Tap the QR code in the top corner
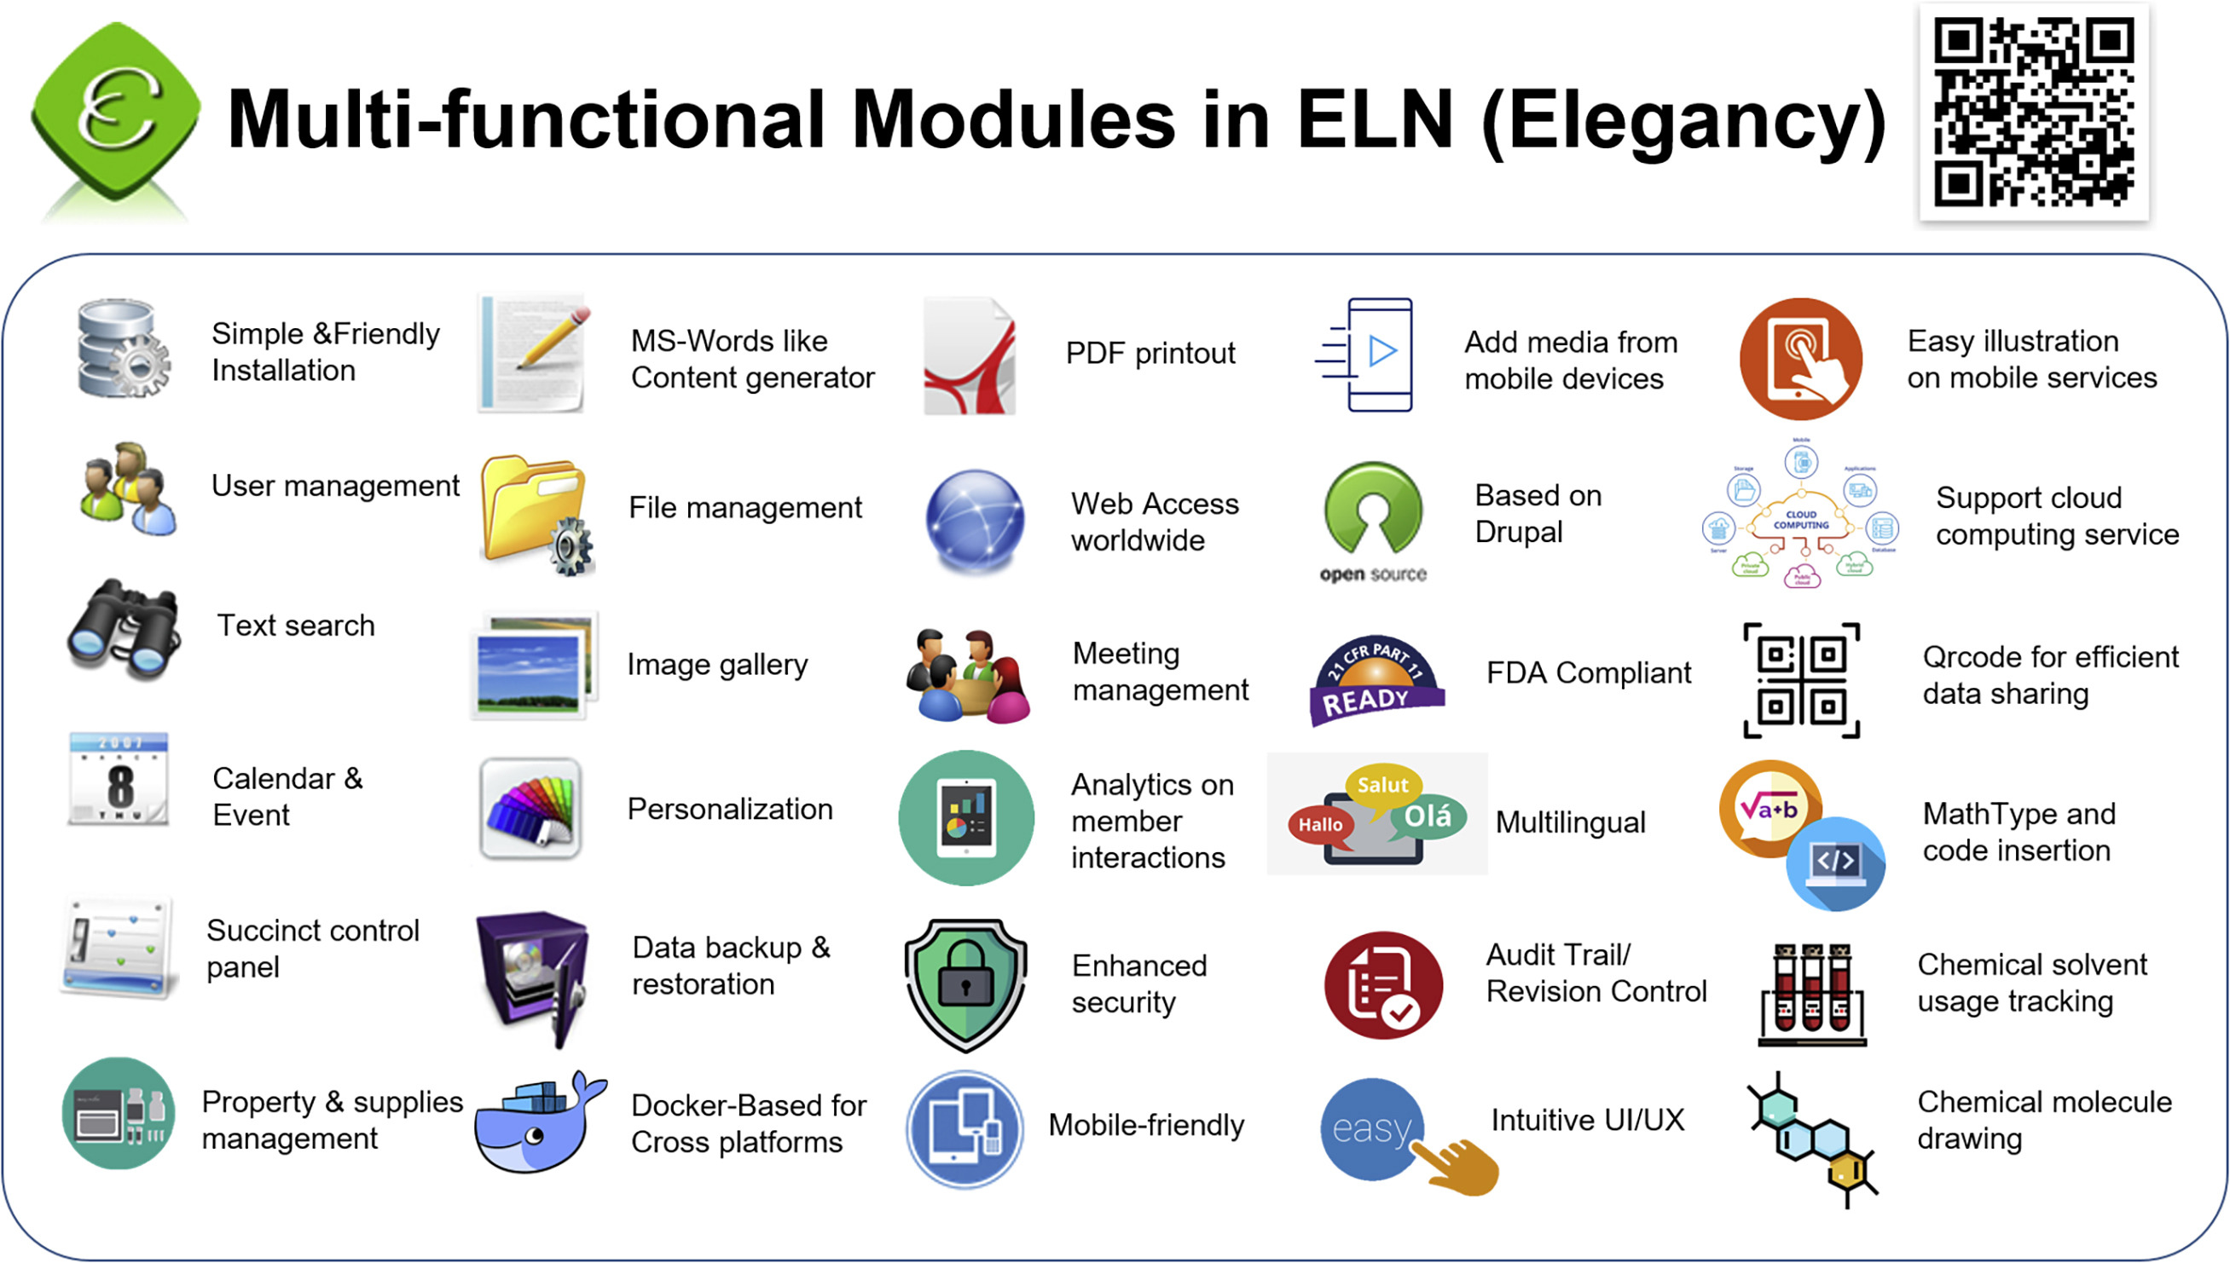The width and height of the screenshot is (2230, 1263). tap(2033, 112)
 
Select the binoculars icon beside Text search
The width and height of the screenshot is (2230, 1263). tap(125, 629)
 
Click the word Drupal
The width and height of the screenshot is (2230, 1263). tap(1519, 532)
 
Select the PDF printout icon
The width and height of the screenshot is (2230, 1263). tap(970, 355)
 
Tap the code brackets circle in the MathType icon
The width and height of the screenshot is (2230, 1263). tap(1836, 863)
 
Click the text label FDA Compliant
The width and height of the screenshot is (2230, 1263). tap(1589, 673)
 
